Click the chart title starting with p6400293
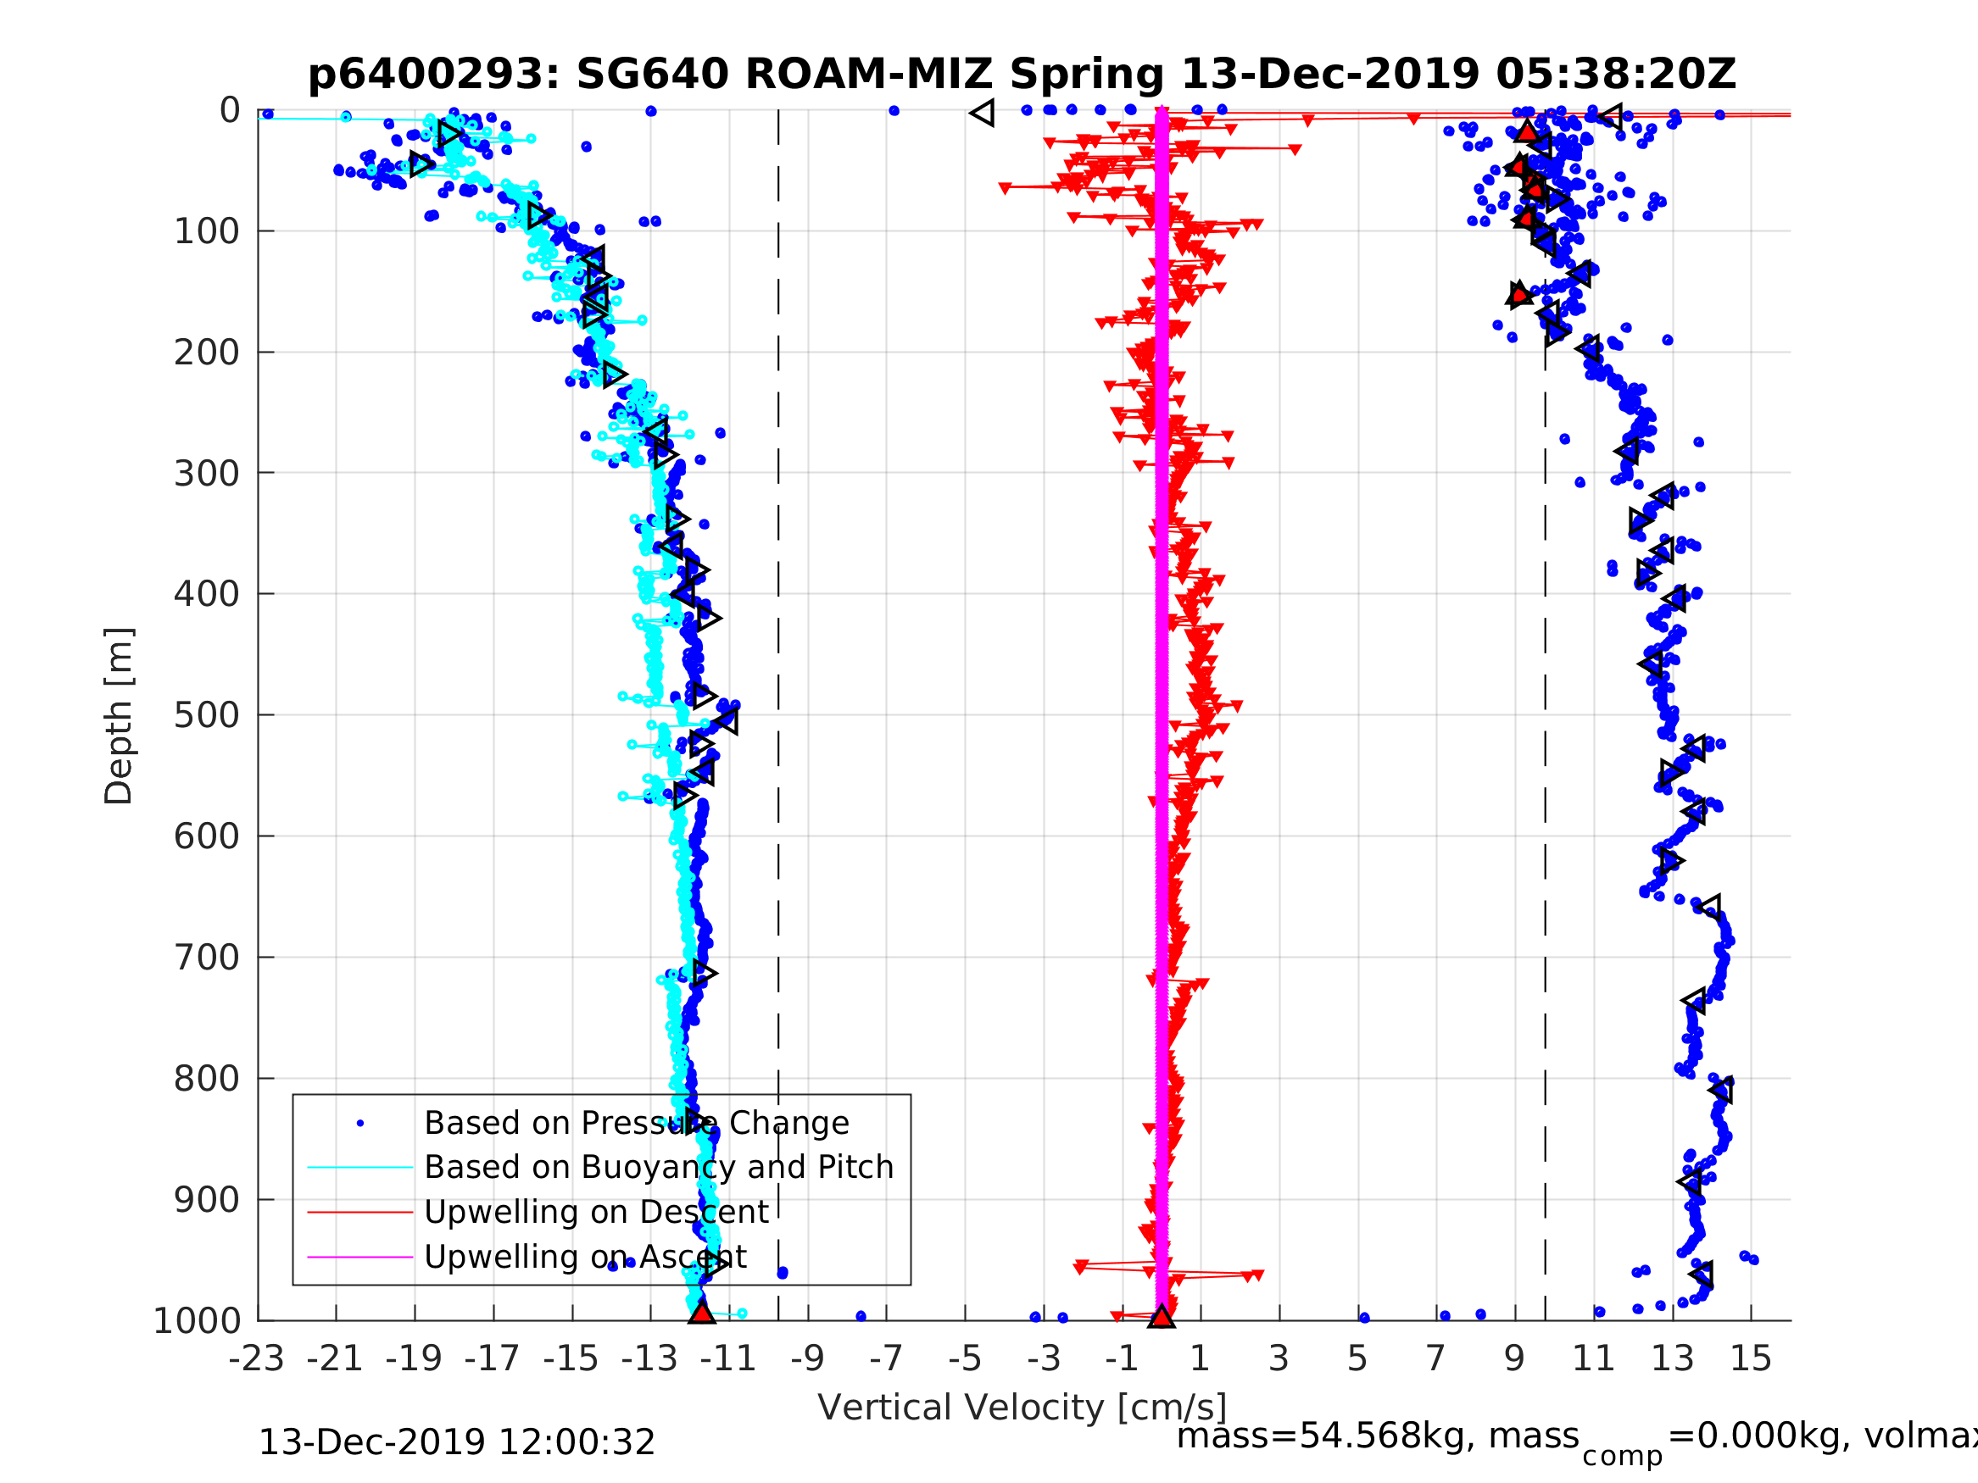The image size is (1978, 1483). pyautogui.click(x=1021, y=75)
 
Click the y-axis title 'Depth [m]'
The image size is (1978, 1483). pyautogui.click(x=119, y=716)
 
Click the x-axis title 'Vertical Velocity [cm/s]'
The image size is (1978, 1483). pyautogui.click(x=1021, y=1408)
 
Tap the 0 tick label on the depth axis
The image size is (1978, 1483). pyautogui.click(x=230, y=111)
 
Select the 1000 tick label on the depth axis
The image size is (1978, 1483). pyautogui.click(x=198, y=1321)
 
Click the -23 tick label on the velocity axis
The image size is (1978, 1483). pyautogui.click(x=257, y=1359)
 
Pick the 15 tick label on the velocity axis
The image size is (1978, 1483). pyautogui.click(x=1750, y=1359)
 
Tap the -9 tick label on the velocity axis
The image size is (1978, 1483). pyautogui.click(x=807, y=1359)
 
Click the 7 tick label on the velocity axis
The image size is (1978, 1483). pyautogui.click(x=1435, y=1359)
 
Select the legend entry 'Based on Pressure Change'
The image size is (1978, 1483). pyautogui.click(x=636, y=1124)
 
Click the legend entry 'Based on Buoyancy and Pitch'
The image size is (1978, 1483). pyautogui.click(x=658, y=1168)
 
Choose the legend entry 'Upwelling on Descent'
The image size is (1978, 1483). pyautogui.click(x=595, y=1212)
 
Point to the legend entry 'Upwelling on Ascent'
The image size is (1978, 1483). pyautogui.click(x=585, y=1257)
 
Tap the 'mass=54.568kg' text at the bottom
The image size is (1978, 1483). pyautogui.click(x=1377, y=1436)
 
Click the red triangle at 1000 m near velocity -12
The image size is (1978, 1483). pyautogui.click(x=702, y=1314)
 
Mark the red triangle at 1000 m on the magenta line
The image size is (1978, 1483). pyautogui.click(x=1161, y=1316)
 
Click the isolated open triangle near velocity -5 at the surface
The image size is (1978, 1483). pyautogui.click(x=983, y=114)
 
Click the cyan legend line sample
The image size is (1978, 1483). pyautogui.click(x=360, y=1168)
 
